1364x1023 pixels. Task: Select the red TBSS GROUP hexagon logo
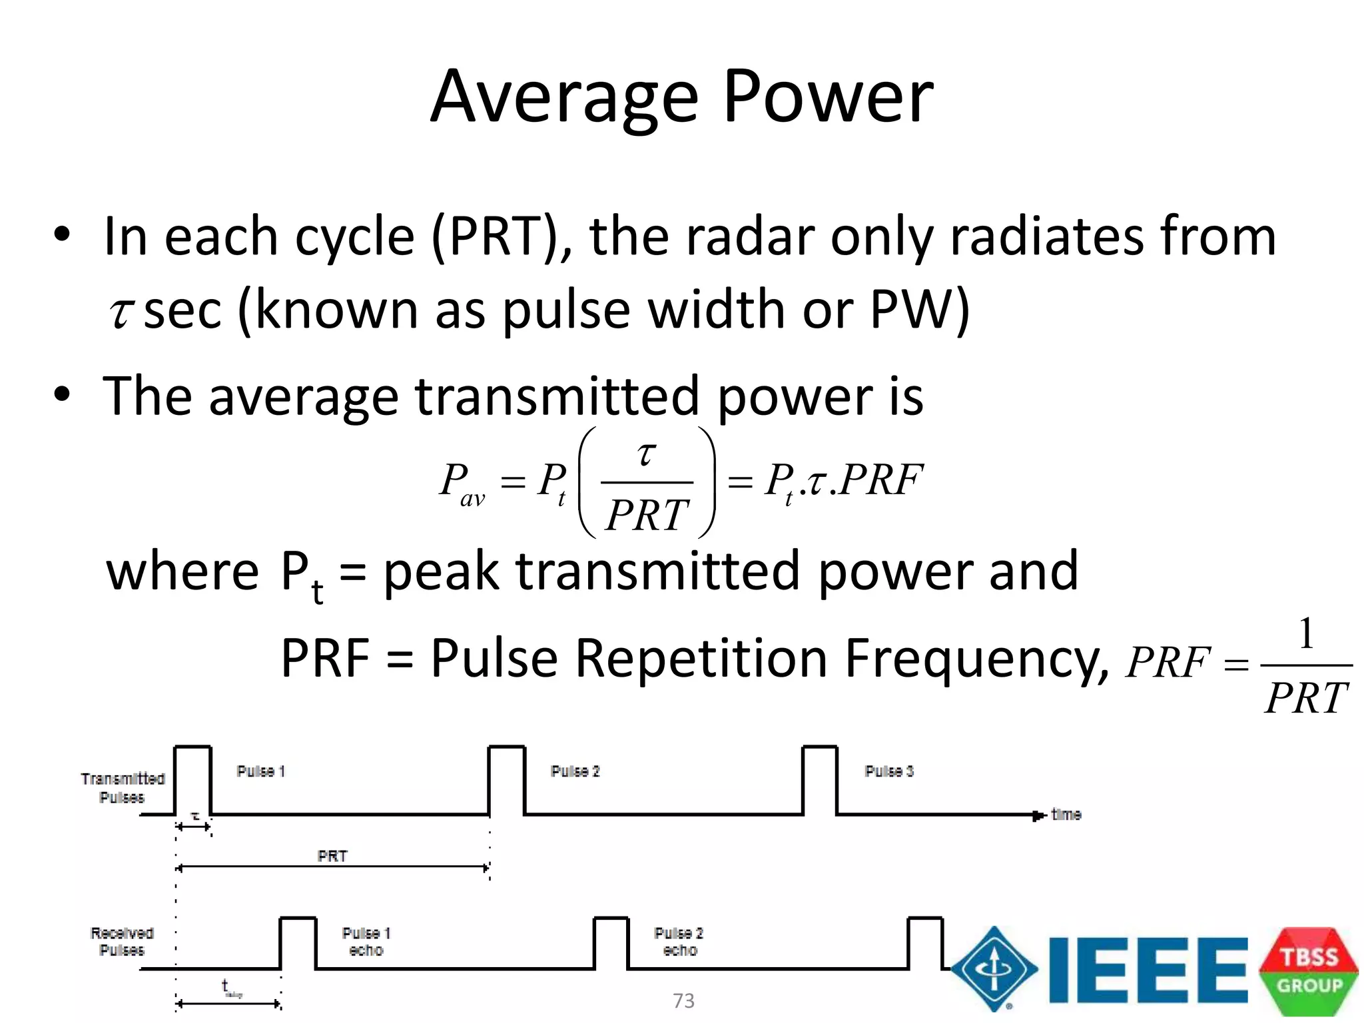tap(1309, 971)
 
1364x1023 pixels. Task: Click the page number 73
tap(683, 1001)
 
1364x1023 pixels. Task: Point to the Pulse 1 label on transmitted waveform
tap(260, 771)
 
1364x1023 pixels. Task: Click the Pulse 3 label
tap(889, 771)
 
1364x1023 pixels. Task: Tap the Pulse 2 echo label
tap(679, 942)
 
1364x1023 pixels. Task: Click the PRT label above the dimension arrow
tap(332, 856)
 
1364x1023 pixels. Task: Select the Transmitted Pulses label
tap(123, 788)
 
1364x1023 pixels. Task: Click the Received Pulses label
tap(122, 941)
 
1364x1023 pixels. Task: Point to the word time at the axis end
tap(1066, 815)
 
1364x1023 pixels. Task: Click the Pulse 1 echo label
tap(366, 942)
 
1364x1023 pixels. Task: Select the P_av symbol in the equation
tap(462, 484)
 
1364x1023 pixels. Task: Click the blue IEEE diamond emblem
tap(994, 970)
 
